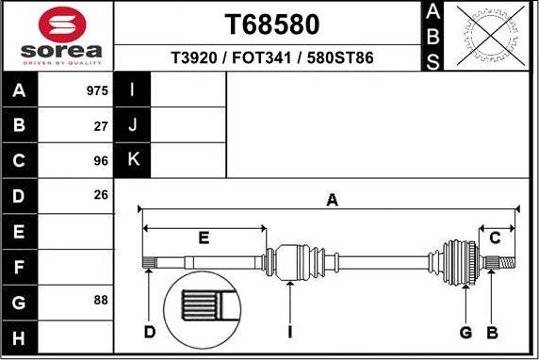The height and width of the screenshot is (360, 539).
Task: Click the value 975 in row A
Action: (97, 91)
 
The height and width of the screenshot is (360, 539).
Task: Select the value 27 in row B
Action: (101, 125)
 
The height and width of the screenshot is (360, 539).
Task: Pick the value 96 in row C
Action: (101, 160)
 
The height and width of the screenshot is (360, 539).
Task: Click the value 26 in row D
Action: (101, 195)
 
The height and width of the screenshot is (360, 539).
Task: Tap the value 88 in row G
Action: (101, 301)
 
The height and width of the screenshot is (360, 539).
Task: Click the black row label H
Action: (19, 336)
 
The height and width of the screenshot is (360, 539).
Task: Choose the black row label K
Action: (132, 159)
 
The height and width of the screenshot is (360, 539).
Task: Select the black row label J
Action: (132, 124)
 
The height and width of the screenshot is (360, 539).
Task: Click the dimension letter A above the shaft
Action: (332, 199)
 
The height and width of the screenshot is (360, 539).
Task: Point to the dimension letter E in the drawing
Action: (204, 237)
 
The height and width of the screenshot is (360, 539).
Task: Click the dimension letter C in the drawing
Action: (494, 237)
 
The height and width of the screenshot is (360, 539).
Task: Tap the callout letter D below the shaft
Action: (150, 332)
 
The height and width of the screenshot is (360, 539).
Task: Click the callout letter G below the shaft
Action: (465, 332)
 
